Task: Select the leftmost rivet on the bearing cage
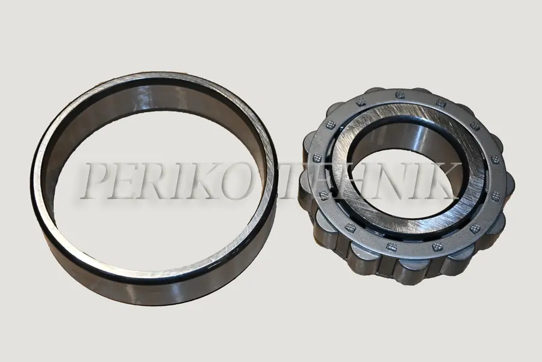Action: click(x=316, y=159)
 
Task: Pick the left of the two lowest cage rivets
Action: click(x=391, y=246)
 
